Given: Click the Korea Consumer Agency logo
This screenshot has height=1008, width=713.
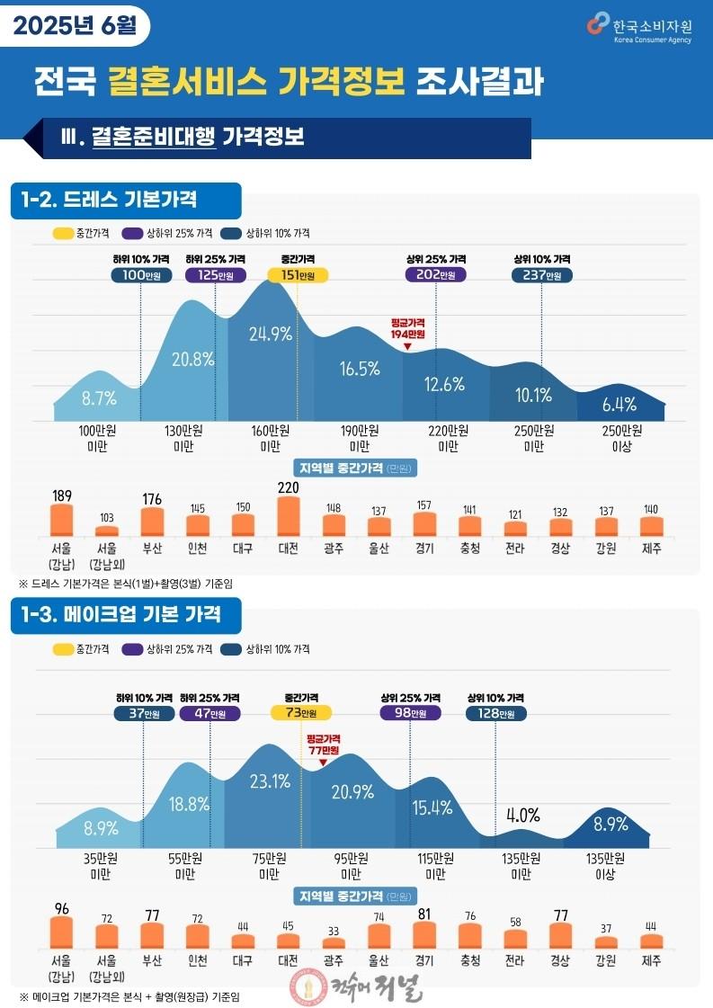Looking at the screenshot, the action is click(x=639, y=28).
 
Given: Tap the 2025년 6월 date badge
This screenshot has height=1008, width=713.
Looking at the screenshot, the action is click(x=76, y=26).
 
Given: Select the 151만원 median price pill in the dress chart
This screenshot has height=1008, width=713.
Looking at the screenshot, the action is click(x=298, y=275).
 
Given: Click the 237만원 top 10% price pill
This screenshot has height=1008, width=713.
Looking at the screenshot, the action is click(x=542, y=275).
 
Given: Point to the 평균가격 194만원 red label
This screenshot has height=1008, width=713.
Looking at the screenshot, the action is click(x=407, y=328).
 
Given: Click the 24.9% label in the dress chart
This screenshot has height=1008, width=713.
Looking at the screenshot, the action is click(x=270, y=335).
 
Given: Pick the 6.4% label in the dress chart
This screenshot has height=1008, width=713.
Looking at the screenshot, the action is click(x=619, y=405).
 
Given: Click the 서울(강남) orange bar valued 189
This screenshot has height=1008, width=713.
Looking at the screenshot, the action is click(x=62, y=520).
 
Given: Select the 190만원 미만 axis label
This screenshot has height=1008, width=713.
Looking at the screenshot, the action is click(x=360, y=439).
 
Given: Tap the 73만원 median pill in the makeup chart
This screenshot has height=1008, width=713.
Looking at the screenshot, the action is click(x=301, y=713).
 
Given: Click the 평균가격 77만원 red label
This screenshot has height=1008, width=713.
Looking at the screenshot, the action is click(x=324, y=745).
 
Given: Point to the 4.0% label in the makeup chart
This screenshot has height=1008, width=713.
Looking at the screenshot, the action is click(x=522, y=816).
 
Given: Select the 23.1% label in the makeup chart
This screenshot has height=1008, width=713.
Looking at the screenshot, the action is click(x=270, y=781).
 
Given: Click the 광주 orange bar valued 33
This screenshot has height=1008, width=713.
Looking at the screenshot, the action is click(x=333, y=943).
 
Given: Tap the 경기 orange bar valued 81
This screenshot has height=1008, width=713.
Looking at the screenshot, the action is click(x=424, y=935).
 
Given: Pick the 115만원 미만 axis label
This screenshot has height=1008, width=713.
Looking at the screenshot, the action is click(x=435, y=866).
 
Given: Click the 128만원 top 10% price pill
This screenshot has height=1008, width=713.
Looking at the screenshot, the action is click(x=496, y=713).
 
